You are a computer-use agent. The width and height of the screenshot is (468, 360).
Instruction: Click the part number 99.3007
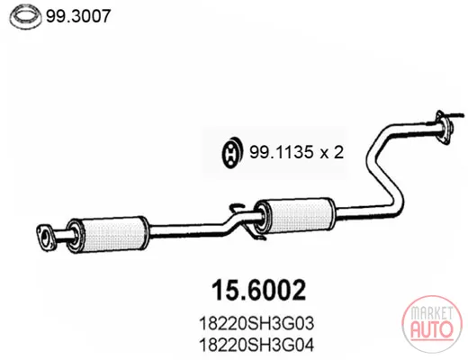[x=78, y=16]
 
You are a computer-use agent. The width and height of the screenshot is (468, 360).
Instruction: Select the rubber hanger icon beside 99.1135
[x=232, y=153]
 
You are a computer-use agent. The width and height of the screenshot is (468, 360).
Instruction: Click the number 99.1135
[x=281, y=152]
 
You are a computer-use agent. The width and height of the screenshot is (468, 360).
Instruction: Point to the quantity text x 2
[x=331, y=152]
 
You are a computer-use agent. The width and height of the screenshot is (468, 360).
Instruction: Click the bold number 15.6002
[x=258, y=290]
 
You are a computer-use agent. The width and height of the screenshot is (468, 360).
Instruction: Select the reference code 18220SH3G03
[x=256, y=323]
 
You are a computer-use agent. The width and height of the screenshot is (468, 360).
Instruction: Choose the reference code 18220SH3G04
[x=256, y=346]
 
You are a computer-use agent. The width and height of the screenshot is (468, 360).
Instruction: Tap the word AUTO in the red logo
[x=432, y=329]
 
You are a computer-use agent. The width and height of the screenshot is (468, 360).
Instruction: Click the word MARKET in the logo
[x=431, y=313]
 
